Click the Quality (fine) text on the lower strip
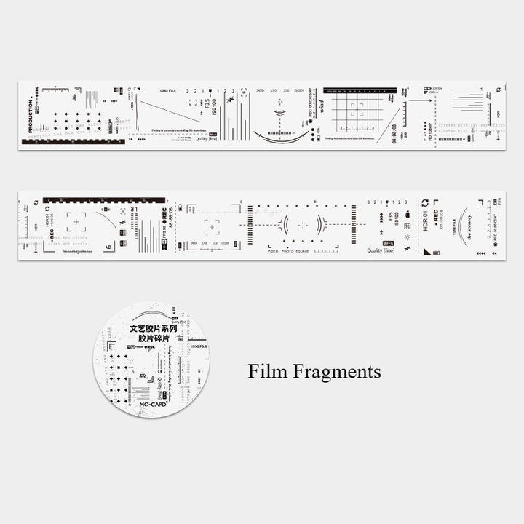[385, 250]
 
